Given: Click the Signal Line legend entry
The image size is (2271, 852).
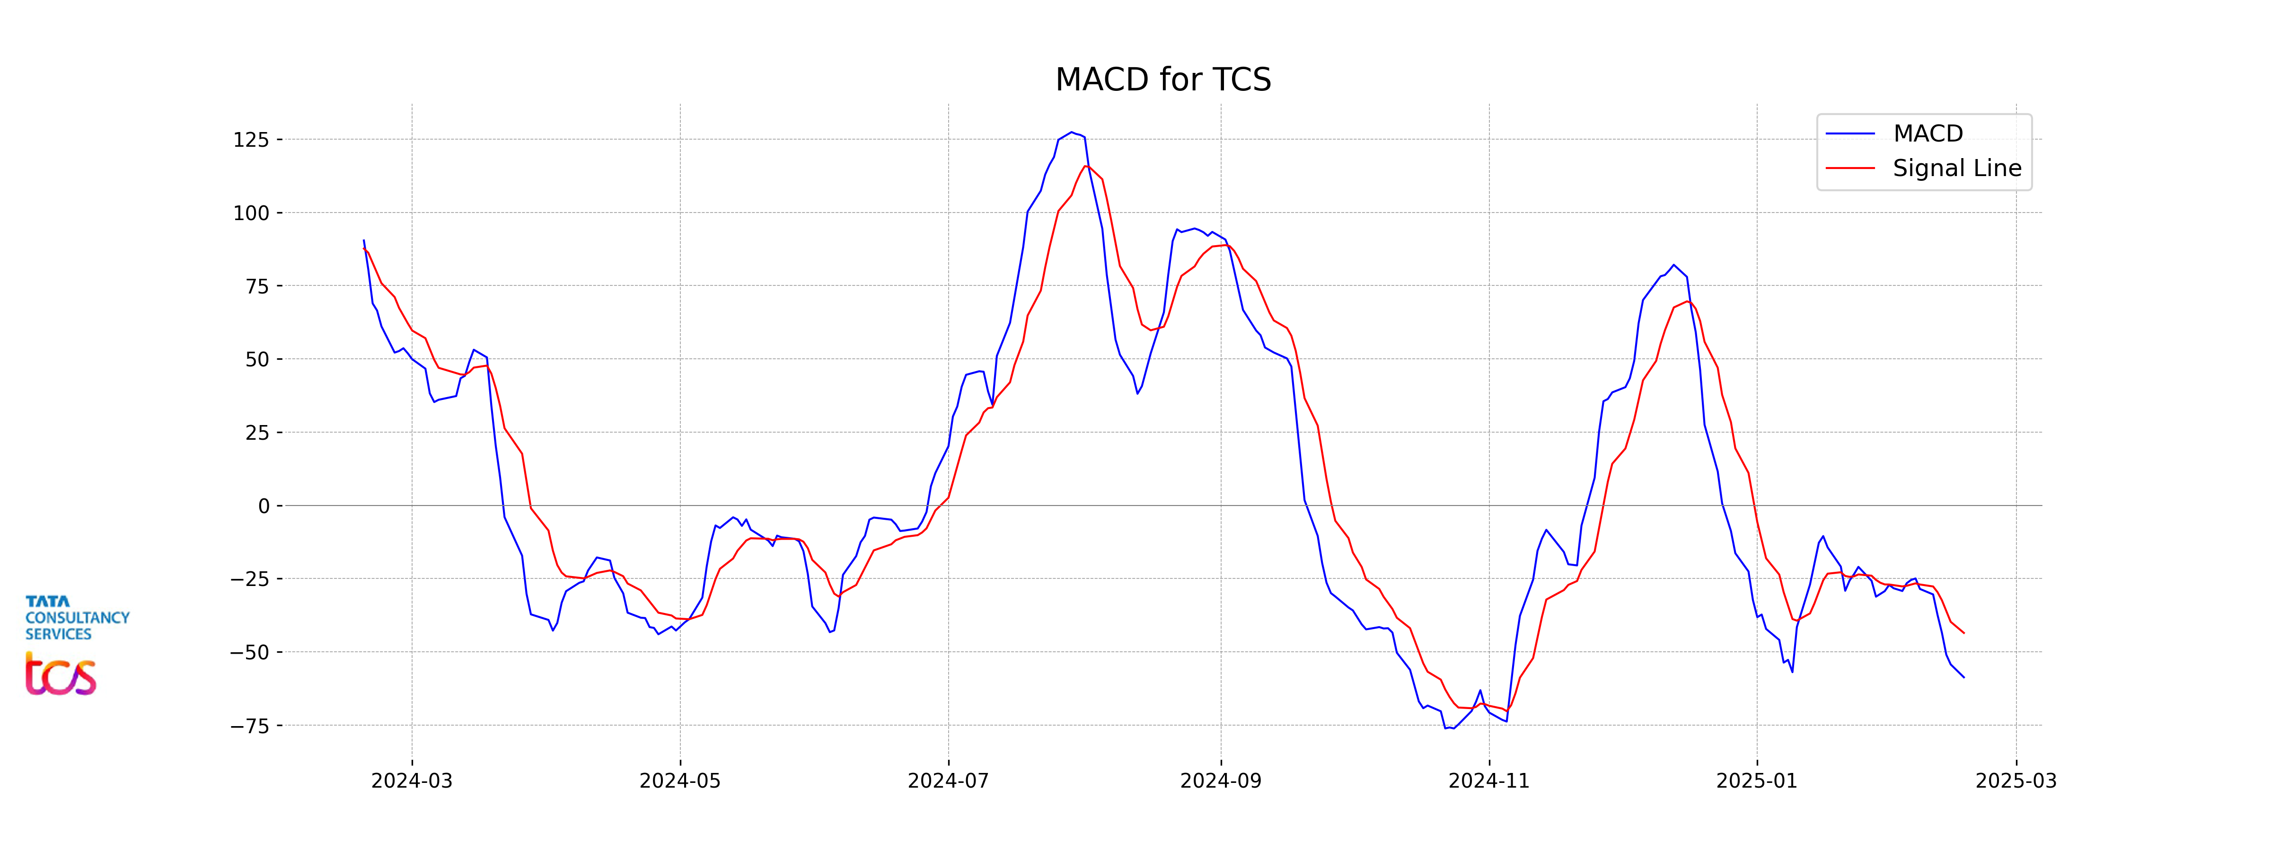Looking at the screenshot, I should tap(1956, 169).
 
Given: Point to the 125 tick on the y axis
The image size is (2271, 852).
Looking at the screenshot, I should tap(250, 139).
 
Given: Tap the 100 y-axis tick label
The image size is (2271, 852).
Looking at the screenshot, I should tap(250, 213).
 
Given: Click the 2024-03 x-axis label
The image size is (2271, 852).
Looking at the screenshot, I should tap(412, 781).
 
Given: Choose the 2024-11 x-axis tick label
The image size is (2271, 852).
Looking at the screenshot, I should tap(1489, 781).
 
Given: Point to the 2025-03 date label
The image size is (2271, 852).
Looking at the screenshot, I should tap(2016, 781).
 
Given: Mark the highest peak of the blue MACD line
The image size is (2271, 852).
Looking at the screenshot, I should tap(1072, 133).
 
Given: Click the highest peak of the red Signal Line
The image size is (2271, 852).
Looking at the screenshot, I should tap(1086, 166).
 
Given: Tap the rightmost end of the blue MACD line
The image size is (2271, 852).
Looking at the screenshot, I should tap(1963, 677).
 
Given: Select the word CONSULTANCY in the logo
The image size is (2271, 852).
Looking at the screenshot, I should tap(78, 617).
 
